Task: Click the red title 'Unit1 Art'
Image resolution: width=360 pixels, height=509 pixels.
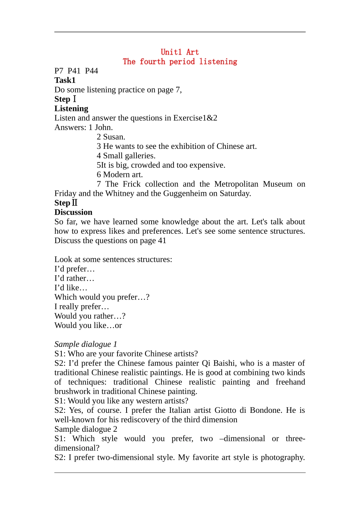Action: click(180, 52)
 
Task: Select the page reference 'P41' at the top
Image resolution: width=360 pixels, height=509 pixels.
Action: click(74, 71)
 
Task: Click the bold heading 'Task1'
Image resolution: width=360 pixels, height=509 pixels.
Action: click(65, 80)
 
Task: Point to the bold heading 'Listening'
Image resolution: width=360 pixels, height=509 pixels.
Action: click(71, 109)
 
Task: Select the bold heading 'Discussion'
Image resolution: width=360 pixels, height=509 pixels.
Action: click(73, 212)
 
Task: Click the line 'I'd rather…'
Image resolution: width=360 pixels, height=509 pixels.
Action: click(74, 278)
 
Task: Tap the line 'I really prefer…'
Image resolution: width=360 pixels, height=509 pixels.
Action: click(81, 307)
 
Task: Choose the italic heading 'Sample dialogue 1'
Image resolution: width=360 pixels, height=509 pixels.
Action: click(86, 344)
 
